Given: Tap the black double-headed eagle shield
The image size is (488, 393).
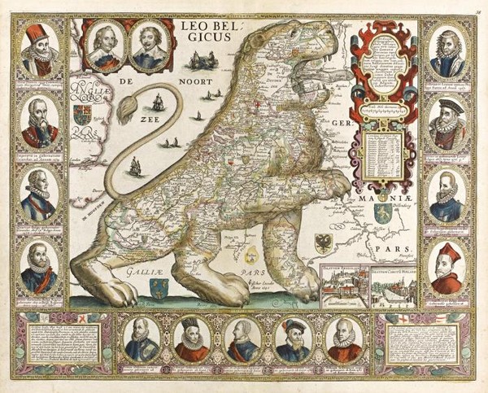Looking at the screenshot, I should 323,242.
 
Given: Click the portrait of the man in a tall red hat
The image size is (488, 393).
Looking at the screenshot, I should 37,55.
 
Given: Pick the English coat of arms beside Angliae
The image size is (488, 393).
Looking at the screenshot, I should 81,114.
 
